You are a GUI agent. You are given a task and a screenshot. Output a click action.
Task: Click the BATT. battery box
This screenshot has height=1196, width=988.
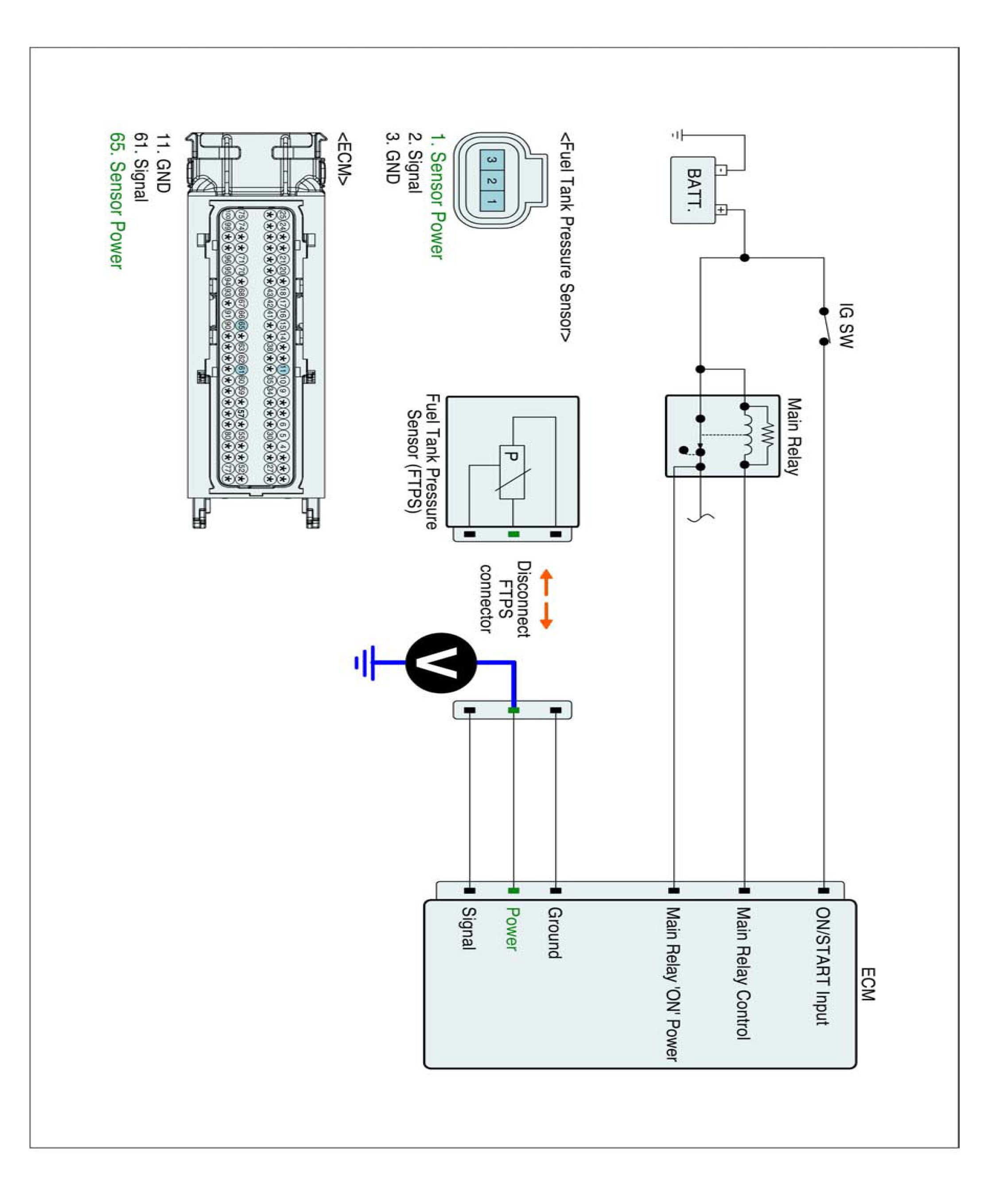tap(693, 190)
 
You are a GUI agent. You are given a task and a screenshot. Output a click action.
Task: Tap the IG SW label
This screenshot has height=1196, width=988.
tap(846, 326)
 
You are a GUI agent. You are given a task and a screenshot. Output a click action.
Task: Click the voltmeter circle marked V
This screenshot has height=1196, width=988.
tap(441, 662)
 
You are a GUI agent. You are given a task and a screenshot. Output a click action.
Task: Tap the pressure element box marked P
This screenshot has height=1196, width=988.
tap(512, 472)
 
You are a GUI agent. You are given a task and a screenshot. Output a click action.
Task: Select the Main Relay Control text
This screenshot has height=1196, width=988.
tap(743, 973)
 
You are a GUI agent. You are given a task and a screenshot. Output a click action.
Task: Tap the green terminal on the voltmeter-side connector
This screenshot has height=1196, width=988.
tap(513, 710)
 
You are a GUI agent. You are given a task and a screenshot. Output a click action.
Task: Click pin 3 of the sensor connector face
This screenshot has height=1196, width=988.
tap(492, 160)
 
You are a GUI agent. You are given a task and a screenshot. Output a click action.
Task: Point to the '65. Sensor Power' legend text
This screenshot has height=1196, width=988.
tap(117, 200)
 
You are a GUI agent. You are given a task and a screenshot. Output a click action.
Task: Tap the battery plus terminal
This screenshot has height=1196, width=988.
tap(721, 210)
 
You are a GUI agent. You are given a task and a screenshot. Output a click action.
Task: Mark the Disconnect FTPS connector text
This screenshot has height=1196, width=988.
tap(505, 598)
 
